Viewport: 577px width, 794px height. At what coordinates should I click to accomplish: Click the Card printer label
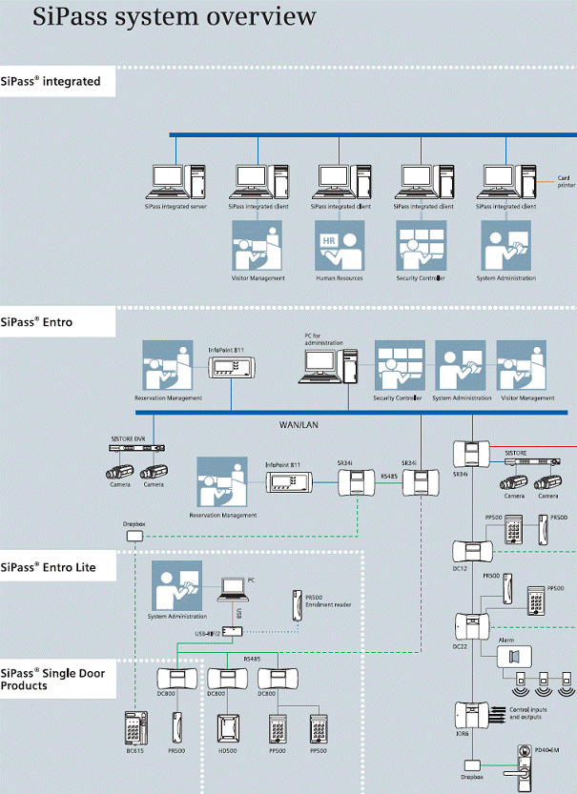(567, 181)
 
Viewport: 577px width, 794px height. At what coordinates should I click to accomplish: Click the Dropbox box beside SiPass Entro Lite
(134, 537)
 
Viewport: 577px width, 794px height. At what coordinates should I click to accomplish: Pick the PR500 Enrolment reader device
(296, 606)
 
